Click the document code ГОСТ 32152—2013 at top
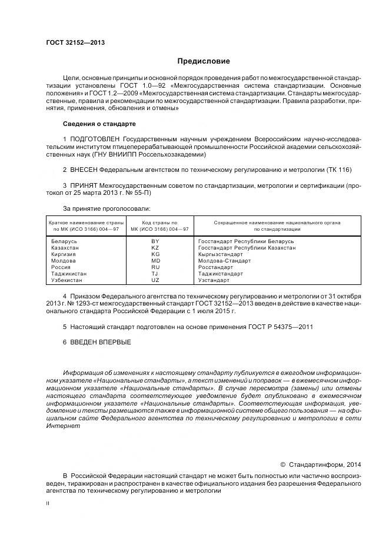tap(71, 42)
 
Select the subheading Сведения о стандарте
tap(99, 124)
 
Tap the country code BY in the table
tap(155, 241)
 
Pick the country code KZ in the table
tap(155, 248)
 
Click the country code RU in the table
tap(155, 267)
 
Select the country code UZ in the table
tap(155, 280)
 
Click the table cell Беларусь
tap(64, 241)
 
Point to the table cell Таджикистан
tap(69, 274)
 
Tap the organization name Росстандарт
tap(215, 267)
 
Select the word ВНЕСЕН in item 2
tap(84, 170)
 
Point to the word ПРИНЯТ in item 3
tap(84, 185)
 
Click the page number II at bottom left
tap(48, 503)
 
